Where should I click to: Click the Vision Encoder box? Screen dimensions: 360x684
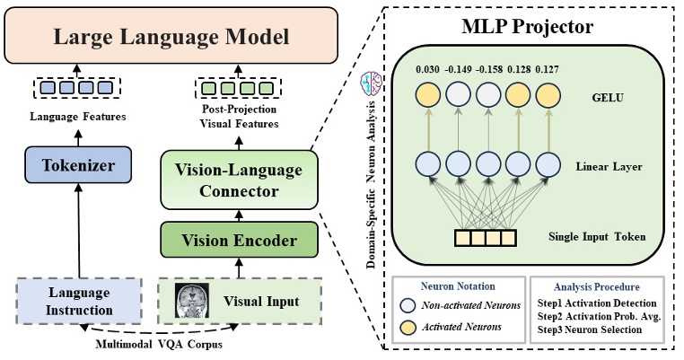(x=240, y=240)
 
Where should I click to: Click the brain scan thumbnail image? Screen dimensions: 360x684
(x=191, y=300)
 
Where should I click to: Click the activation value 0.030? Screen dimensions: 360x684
(x=427, y=67)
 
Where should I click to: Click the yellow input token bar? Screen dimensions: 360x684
(x=484, y=238)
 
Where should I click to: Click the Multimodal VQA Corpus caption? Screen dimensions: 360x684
(x=159, y=344)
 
